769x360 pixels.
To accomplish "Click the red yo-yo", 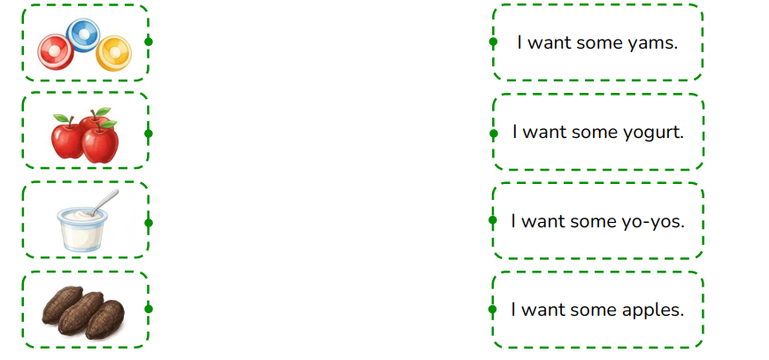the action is pos(56,51).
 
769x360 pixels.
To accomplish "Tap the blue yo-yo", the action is pos(83,34).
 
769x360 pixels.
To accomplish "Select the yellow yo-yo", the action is pos(114,53).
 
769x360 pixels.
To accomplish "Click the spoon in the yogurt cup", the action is pos(104,202).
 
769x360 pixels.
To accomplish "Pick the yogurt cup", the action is pos(82,229).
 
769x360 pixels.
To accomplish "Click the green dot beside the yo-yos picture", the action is pos(148,42).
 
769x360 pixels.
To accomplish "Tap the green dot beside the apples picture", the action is pos(148,134).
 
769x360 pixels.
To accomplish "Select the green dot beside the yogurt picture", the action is pos(148,223).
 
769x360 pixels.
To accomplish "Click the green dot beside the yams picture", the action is pos(148,309).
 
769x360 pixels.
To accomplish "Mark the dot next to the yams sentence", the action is pos(494,42).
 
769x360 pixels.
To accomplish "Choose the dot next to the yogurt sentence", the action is pos(494,134).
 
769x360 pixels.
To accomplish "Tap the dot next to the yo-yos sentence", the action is pos(493,220).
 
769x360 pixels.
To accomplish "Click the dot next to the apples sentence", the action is pos(493,309).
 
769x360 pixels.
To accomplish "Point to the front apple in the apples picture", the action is pos(100,142).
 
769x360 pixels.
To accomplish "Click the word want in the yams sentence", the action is pos(550,43).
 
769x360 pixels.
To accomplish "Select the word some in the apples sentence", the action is pos(594,310).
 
